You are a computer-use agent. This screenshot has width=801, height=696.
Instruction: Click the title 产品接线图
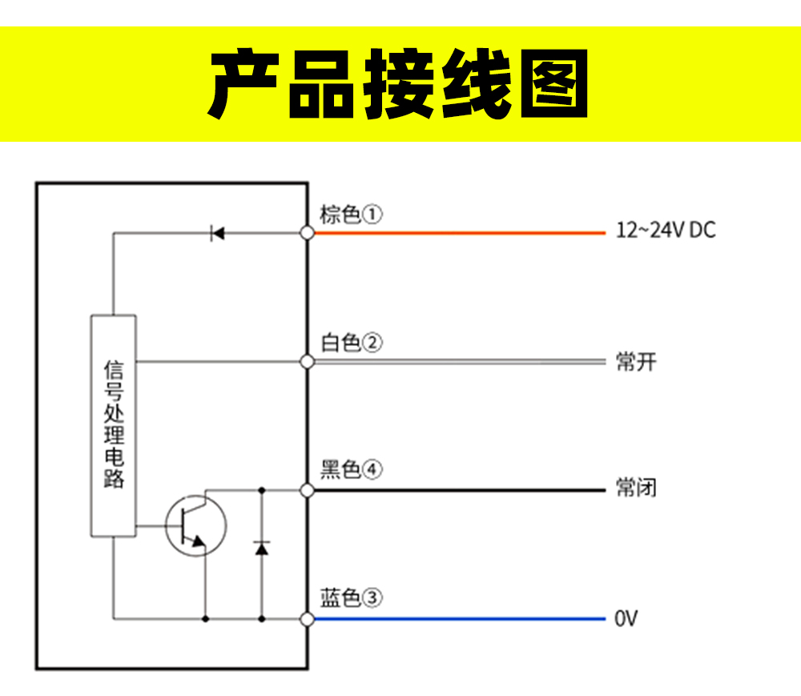[399, 84]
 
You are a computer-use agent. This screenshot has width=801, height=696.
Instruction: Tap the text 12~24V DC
[666, 231]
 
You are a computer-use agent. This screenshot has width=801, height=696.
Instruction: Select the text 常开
[636, 361]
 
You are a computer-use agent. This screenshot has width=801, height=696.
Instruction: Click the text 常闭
[636, 487]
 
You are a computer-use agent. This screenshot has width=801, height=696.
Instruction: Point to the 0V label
[626, 619]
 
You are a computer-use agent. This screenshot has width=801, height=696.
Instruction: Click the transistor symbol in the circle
[195, 525]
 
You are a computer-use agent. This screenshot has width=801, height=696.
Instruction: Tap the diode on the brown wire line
[217, 233]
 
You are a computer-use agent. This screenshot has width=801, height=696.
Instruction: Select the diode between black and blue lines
[261, 548]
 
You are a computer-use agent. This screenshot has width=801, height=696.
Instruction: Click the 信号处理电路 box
[113, 424]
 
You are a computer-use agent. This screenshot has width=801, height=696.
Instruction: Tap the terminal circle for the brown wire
[307, 233]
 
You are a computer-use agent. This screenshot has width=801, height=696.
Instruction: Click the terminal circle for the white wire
[307, 362]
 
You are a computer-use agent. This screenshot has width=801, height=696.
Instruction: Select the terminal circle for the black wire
[307, 489]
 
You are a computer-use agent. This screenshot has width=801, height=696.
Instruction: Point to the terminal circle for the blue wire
[307, 618]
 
